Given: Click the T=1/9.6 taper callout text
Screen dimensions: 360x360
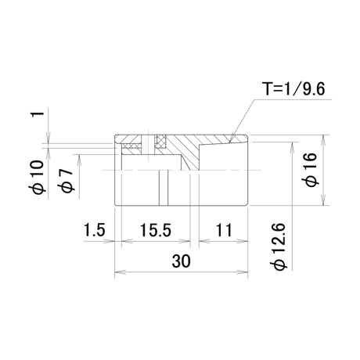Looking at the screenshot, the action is (x=293, y=88).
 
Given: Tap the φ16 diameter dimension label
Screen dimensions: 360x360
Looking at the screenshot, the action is (x=311, y=170).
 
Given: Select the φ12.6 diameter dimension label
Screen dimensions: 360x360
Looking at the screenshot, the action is (x=279, y=246).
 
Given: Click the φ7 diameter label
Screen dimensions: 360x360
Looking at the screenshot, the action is (x=67, y=180).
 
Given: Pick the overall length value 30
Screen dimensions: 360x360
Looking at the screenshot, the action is (x=182, y=261).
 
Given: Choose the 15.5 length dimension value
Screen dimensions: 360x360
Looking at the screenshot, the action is (x=156, y=230).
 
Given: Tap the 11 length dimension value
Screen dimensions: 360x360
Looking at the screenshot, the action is (x=224, y=230).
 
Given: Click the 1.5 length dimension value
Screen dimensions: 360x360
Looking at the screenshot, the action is (x=94, y=230).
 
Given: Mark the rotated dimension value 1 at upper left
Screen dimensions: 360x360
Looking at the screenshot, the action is (x=38, y=114).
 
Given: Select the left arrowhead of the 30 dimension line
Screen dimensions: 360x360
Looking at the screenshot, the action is (x=120, y=272).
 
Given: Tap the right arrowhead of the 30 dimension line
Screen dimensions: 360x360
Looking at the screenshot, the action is (x=243, y=272).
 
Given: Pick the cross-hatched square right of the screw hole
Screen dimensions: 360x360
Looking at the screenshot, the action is (x=160, y=141).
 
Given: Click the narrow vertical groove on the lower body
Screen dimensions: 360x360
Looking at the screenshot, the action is (x=164, y=188).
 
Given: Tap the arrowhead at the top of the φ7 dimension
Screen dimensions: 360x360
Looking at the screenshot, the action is (x=79, y=160).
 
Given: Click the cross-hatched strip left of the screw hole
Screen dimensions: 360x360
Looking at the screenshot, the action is (x=132, y=146).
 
